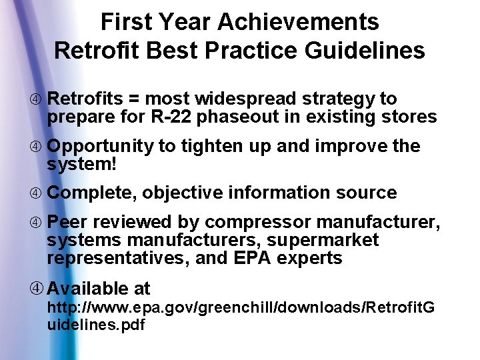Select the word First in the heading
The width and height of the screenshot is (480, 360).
coord(126,22)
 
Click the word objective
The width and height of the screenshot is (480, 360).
coord(183,193)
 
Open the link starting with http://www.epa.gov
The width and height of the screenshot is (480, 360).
coord(240,307)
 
